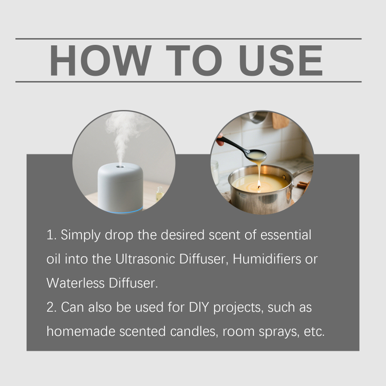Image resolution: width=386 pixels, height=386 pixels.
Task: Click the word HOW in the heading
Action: coord(100,60)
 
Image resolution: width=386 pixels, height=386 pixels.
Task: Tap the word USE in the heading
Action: coord(281,60)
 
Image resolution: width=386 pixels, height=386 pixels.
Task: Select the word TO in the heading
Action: coord(194,60)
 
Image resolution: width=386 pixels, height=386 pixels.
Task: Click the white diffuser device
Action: coord(120,188)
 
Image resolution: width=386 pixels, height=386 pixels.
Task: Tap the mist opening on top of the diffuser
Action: coord(120,166)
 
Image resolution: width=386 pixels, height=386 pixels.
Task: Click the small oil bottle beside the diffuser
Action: coord(160,193)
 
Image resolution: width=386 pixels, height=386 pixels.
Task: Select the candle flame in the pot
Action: coord(259,184)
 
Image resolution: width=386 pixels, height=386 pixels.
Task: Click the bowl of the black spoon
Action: coord(257,155)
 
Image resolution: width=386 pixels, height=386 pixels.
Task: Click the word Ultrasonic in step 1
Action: coord(145,259)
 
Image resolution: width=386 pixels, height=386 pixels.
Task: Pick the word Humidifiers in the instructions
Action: coord(267,259)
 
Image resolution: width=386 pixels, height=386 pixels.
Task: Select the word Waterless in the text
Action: coord(75,283)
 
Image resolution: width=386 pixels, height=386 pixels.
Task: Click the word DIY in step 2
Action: coord(199,307)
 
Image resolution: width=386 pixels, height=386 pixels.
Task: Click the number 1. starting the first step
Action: coord(52,235)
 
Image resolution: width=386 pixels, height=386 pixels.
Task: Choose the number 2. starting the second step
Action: coord(52,307)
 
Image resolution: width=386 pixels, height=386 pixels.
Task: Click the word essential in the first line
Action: coord(286,235)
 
